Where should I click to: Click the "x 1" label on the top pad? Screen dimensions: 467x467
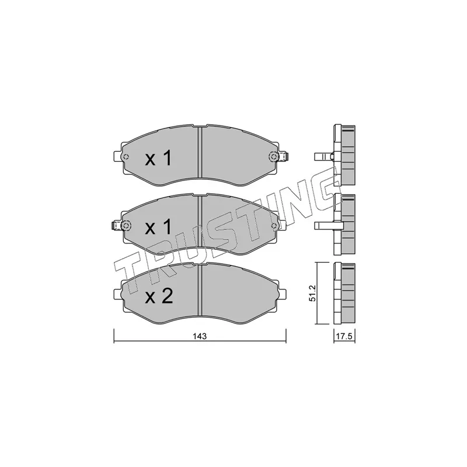[158, 158]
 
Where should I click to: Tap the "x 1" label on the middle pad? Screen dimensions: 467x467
[158, 228]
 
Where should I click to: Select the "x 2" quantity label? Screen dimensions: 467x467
[158, 297]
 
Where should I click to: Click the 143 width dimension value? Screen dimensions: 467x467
[200, 337]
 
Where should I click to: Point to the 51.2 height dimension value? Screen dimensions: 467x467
[313, 292]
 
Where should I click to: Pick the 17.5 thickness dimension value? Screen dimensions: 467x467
[344, 337]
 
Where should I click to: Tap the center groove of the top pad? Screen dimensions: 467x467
[200, 155]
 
